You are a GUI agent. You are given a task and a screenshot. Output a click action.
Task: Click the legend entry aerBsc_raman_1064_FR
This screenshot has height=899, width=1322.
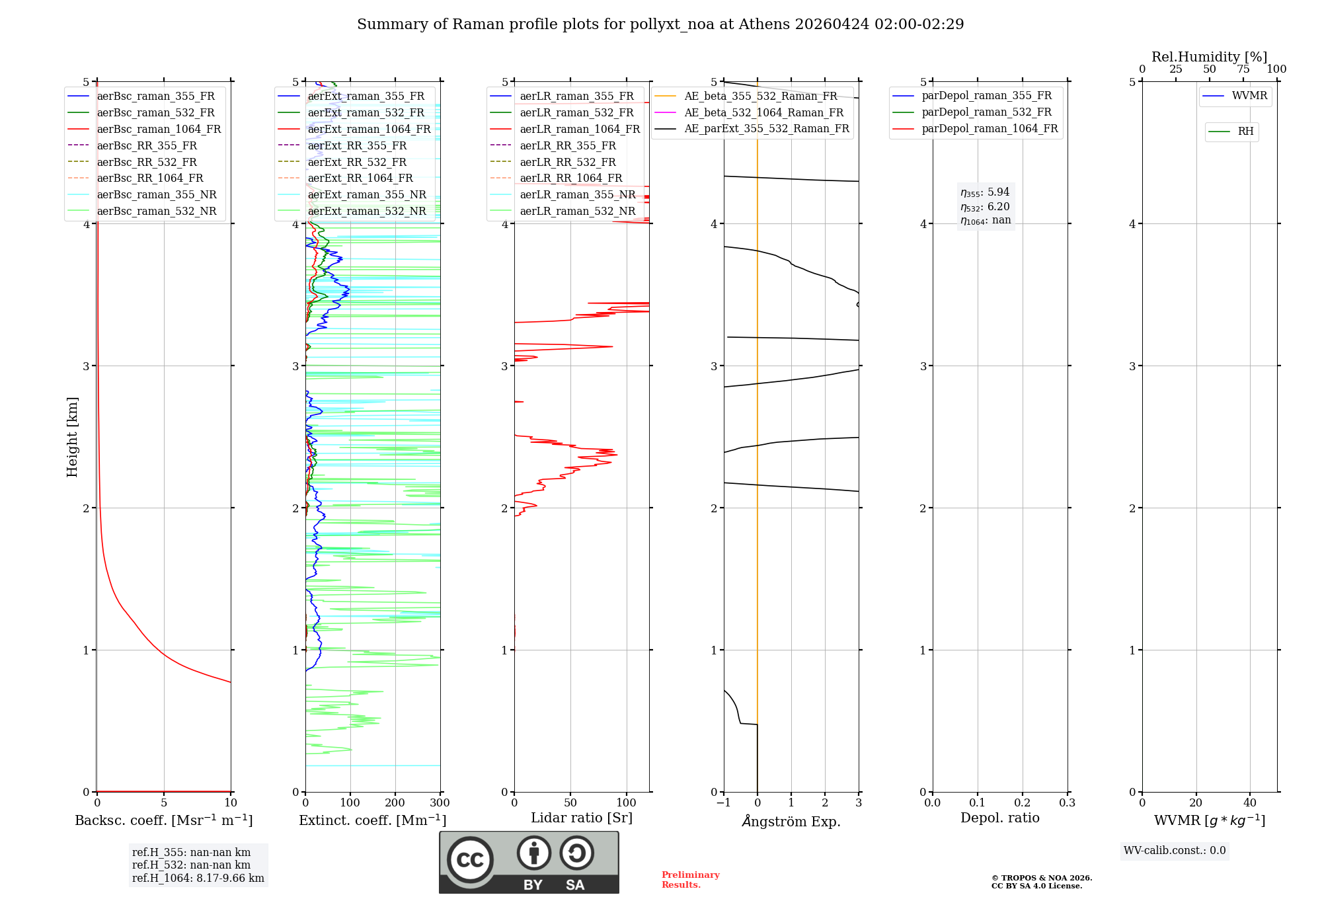coord(159,130)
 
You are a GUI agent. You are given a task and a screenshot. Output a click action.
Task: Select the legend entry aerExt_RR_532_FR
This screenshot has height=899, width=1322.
coord(357,162)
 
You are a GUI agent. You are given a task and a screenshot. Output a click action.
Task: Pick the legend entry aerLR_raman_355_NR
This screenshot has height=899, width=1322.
coord(577,195)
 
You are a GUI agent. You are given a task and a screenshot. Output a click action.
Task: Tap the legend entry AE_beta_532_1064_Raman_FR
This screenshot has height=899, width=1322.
coord(763,113)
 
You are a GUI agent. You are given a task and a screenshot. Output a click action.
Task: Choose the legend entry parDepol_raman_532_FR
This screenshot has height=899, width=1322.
coord(986,112)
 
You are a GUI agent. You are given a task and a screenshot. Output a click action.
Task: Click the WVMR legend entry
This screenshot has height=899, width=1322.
coord(1249,96)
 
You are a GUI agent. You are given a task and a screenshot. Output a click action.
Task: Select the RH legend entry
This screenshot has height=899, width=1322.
coord(1245,132)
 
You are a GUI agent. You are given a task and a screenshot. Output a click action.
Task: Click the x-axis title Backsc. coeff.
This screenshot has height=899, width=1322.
coord(163,820)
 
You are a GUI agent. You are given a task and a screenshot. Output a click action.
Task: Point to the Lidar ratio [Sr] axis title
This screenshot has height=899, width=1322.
coord(582,818)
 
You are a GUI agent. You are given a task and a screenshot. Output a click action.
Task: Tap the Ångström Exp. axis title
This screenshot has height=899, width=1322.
coord(791,822)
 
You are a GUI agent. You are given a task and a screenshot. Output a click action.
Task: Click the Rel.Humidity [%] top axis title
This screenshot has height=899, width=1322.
coord(1209,57)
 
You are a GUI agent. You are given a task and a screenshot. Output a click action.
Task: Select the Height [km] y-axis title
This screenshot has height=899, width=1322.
coord(72,437)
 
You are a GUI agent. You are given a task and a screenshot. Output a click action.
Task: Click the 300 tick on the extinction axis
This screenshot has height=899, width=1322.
coord(440,803)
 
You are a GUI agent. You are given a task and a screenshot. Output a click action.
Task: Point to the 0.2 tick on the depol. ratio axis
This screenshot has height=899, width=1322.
coord(1023,803)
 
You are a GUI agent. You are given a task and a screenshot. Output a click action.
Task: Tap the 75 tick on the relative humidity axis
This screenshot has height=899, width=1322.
coord(1243,69)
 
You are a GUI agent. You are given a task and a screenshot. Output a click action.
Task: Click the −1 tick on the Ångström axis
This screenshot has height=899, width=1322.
coord(724,803)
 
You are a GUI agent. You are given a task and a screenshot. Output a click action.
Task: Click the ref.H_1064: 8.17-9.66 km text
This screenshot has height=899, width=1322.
coord(198,879)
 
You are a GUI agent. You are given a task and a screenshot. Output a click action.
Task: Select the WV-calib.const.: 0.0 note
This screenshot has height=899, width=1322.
coord(1175,851)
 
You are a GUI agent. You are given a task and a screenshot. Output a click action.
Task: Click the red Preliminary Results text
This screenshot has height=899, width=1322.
coord(690,880)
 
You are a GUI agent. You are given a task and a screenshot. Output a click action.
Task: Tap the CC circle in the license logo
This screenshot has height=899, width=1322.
coord(470,860)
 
